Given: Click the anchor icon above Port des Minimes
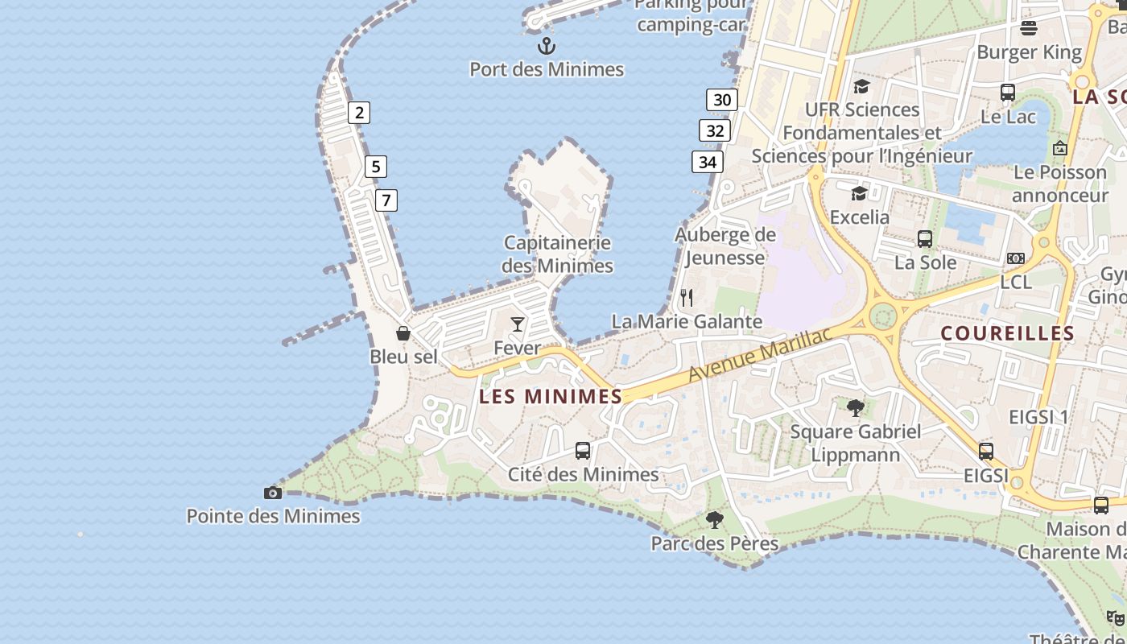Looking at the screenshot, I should point(547,45).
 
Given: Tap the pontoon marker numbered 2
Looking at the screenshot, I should point(359,113).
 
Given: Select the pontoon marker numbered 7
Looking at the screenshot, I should point(386,200).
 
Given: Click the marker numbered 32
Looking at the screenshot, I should point(715,130).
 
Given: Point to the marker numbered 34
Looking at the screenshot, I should point(708,162).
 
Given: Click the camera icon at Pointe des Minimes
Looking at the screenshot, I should point(273,493).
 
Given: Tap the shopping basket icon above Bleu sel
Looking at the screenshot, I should point(403,333).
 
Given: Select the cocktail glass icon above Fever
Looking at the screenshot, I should point(518,324).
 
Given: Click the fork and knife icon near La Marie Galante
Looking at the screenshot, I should point(687,298).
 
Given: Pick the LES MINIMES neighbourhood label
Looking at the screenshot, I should point(551,396).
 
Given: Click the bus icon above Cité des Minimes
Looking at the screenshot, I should point(583,451).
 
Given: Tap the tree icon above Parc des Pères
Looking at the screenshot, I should point(714,520).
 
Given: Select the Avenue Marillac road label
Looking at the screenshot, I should point(759,355).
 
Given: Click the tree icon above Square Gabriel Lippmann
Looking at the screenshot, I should point(856,407).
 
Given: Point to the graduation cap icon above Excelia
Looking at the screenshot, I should point(860,193).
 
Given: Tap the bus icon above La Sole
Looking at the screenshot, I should point(925,238).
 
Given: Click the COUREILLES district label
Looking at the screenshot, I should point(1007,333).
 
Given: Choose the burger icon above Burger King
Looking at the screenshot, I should point(1029,29).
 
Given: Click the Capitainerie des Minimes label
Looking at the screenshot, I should point(557,254).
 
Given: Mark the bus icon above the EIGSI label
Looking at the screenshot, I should point(986,452).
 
